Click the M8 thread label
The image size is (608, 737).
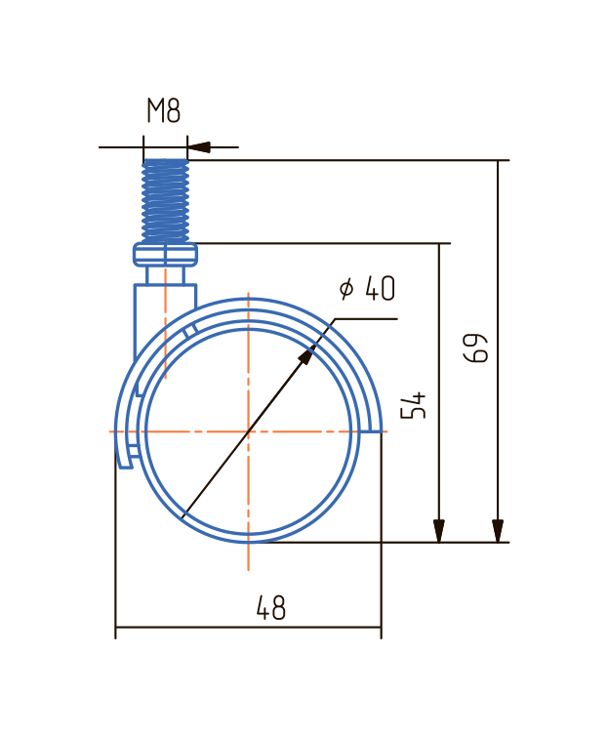[164, 111]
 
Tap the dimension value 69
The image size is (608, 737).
[475, 348]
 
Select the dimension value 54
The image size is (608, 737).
[413, 404]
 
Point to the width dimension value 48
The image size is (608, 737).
[271, 608]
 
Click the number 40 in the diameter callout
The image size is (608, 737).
[381, 288]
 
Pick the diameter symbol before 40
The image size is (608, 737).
[346, 289]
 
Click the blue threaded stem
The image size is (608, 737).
[165, 201]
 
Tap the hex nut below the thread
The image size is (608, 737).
[165, 254]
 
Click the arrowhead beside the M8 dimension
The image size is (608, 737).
[199, 147]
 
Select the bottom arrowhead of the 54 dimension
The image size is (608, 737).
[439, 531]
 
